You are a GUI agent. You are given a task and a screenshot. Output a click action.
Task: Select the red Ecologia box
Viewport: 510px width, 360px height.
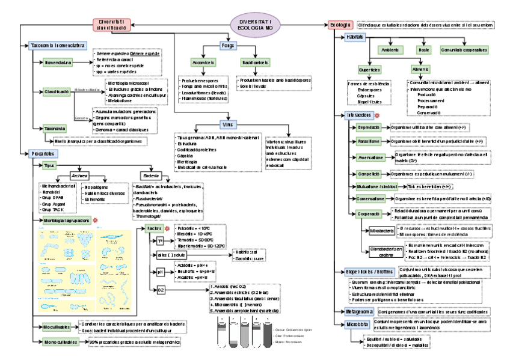tap(340, 25)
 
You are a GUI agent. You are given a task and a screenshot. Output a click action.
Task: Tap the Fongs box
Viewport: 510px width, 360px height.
tap(227, 46)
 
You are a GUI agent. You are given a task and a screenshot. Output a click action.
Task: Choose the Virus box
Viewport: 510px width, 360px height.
tap(227, 124)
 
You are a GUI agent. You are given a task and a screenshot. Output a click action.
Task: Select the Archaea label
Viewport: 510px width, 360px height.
tap(79, 175)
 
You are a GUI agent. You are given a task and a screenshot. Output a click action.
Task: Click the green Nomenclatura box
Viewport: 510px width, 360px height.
tap(58, 62)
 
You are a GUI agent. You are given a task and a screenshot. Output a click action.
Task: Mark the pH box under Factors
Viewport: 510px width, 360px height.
tap(161, 272)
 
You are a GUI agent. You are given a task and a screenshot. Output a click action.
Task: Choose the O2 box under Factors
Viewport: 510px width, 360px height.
tap(161, 290)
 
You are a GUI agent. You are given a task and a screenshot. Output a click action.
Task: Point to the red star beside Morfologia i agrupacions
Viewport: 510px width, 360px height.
tap(94, 221)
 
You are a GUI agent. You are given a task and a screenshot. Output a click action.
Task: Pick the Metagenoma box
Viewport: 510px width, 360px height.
tap(360, 312)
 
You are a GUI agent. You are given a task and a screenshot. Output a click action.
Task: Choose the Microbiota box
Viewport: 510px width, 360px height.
tap(358, 325)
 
